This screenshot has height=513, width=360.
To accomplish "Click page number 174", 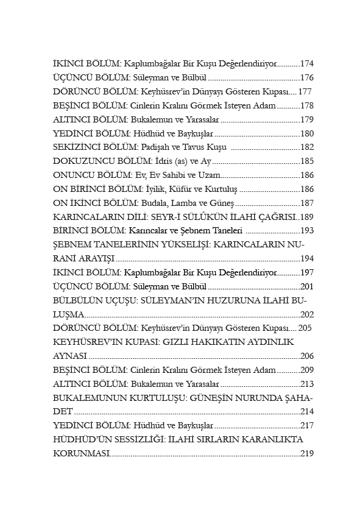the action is coord(307,63).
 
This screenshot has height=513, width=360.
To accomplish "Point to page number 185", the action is coord(307,161).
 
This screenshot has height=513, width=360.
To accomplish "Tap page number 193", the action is coord(307,231).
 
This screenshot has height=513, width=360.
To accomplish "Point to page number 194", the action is coord(307,259).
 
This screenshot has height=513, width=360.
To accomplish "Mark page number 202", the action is coord(307,315).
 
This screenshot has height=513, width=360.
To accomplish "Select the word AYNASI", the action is coord(70,356).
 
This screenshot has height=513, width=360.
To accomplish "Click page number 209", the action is coord(307,370).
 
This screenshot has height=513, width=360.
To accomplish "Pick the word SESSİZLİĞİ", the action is coord(138,440).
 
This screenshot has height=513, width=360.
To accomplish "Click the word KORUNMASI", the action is coord(81,454).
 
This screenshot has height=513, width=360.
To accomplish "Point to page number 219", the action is coord(307,454).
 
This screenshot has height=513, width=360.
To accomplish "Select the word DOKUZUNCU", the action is coord(80,161).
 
